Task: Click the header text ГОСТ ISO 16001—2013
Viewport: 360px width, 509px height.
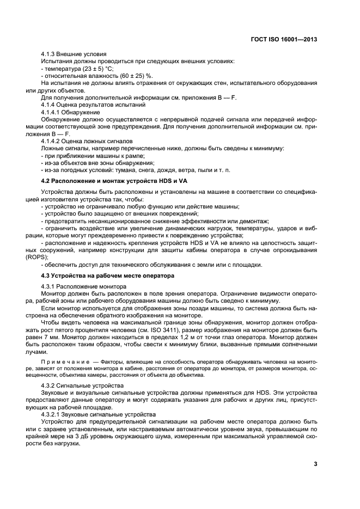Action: click(x=284, y=40)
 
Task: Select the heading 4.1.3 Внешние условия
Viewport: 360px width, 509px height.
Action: click(x=74, y=54)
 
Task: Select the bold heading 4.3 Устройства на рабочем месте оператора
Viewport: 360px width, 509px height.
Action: click(x=120, y=275)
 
